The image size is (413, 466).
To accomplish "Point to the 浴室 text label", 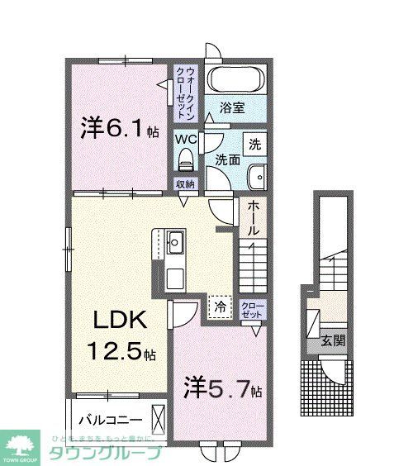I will [232, 107].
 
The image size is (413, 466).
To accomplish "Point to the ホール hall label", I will [254, 217].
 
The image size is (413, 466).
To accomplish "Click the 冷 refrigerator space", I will [220, 306].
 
